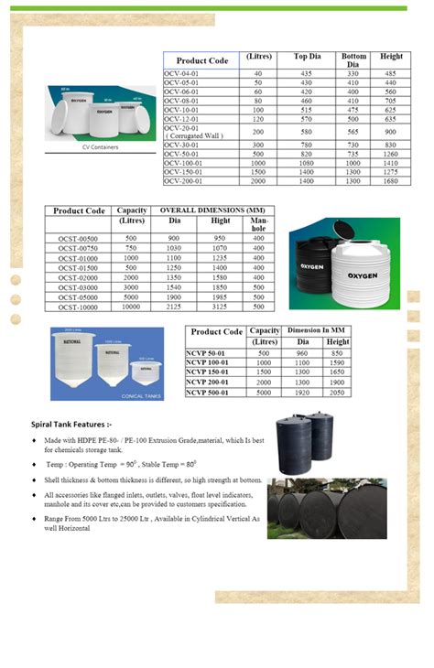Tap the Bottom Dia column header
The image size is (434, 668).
(353, 60)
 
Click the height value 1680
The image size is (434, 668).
(390, 181)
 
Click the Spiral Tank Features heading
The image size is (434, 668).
(71, 425)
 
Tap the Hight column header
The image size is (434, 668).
(221, 221)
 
